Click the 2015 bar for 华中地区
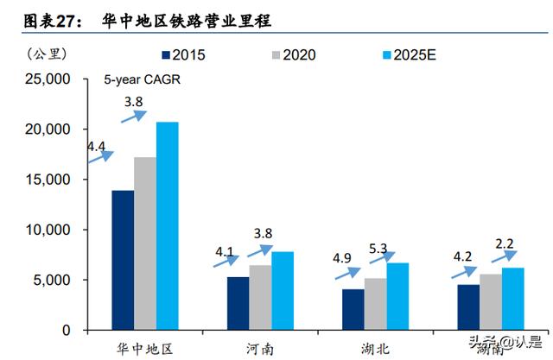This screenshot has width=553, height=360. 123,260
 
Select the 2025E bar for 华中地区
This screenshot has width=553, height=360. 168,226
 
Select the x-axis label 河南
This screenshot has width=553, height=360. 260,348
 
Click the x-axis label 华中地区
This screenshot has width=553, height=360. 145,348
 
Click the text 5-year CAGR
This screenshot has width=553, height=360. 137,83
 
